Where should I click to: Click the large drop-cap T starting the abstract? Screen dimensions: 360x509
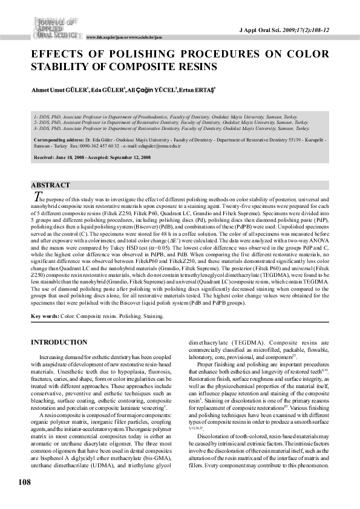point(34,196)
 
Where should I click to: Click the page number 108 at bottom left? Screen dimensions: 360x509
point(24,482)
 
